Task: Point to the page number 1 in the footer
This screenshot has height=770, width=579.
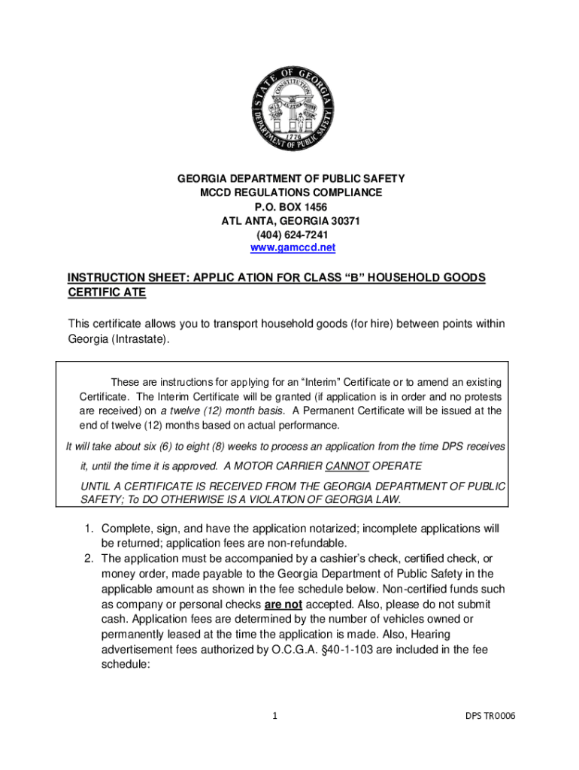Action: pos(275,715)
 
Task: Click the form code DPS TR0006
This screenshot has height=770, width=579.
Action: pos(490,715)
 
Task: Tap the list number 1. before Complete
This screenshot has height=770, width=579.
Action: pos(88,529)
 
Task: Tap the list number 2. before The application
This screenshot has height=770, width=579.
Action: pos(88,559)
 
